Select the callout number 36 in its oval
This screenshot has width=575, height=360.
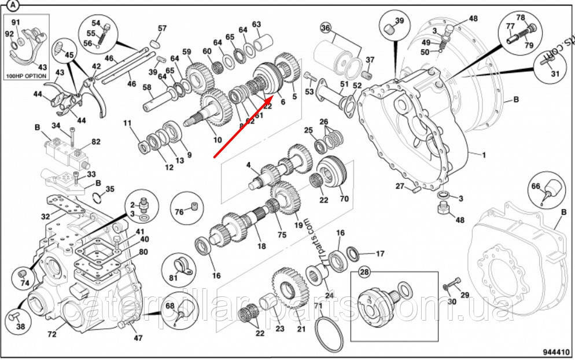(326, 28)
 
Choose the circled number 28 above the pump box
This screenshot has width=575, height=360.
(365, 272)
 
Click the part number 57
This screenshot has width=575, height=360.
(162, 28)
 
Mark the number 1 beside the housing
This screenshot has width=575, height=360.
(484, 155)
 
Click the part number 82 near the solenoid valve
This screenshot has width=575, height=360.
(95, 141)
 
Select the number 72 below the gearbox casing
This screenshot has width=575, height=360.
(51, 334)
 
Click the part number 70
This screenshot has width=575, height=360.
(344, 199)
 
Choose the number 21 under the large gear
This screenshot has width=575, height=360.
(301, 329)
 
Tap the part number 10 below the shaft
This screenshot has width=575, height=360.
(217, 139)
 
